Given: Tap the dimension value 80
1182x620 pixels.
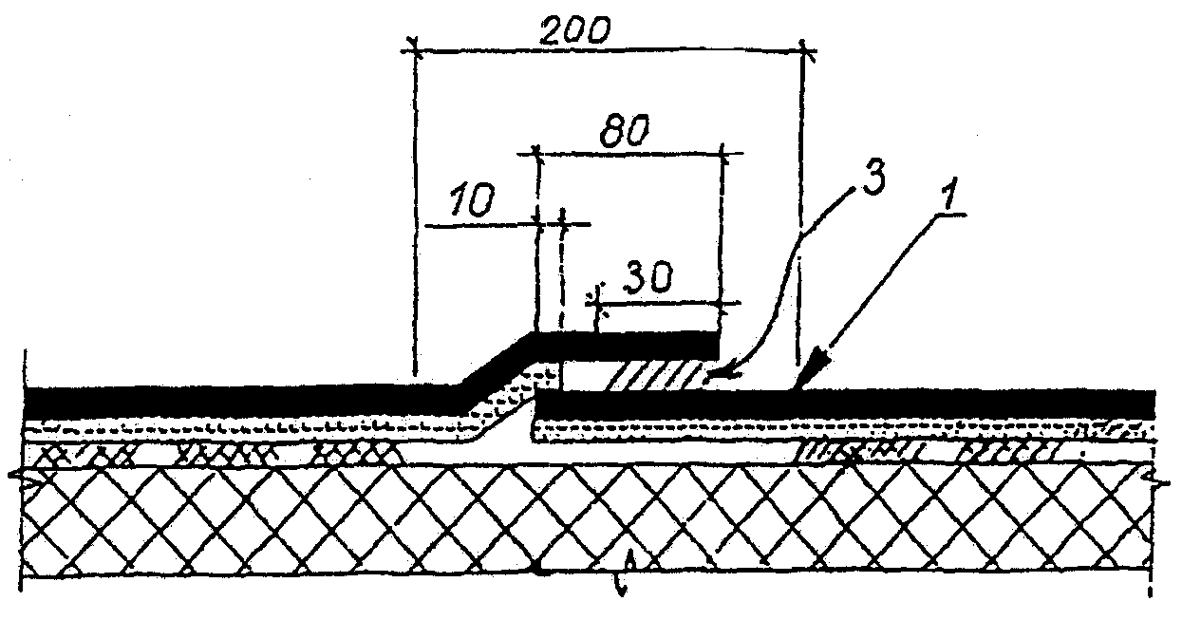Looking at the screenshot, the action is [x=628, y=130].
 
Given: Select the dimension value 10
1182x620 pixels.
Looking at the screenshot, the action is [x=471, y=202].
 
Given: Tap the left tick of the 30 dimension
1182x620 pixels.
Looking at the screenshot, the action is [x=598, y=301].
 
